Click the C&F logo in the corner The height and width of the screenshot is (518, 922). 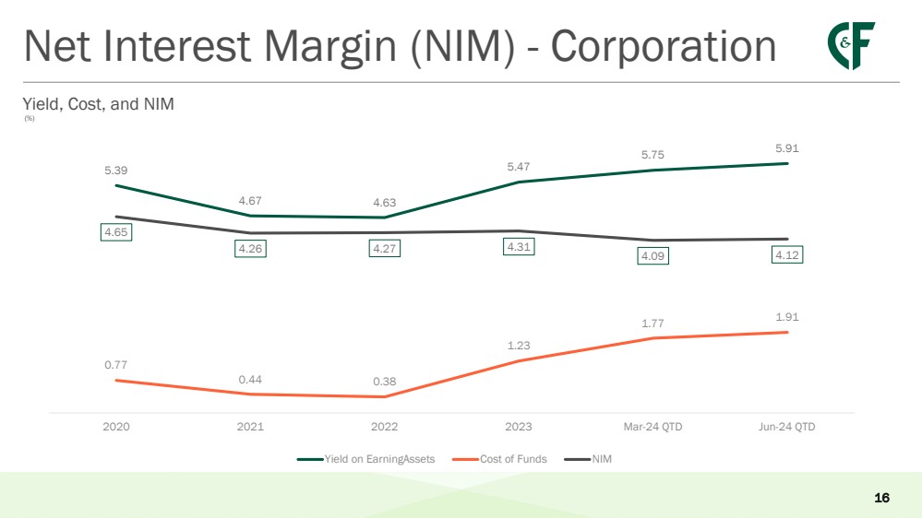point(851,45)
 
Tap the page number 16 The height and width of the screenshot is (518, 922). point(881,498)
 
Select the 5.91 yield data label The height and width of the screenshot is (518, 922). point(787,147)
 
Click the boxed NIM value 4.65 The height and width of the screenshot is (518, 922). point(116,232)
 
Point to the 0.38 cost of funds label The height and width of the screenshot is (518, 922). point(384,381)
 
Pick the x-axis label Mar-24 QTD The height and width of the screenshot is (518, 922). point(653,427)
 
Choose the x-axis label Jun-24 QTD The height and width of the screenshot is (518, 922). point(786,427)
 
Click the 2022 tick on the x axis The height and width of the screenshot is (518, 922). point(384,427)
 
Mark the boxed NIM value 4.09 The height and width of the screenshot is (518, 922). point(653,255)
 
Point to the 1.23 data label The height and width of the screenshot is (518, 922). point(519,346)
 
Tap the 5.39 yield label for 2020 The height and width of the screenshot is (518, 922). point(116,170)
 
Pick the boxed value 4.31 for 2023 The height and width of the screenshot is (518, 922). point(519,246)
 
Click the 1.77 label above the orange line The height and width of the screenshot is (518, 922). point(653,323)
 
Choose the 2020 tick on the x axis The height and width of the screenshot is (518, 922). point(116,427)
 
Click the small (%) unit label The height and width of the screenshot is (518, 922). point(30,118)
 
